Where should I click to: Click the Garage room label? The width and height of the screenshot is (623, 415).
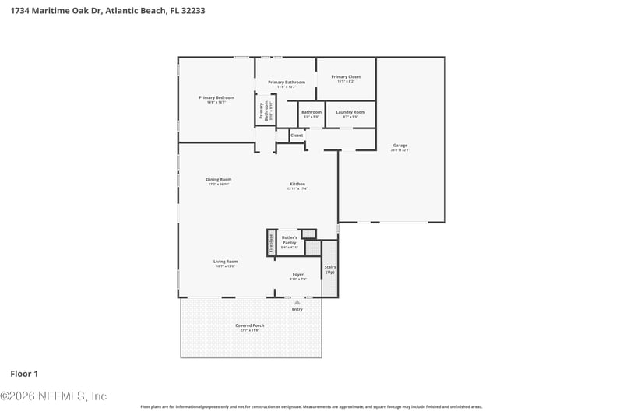pos(399,146)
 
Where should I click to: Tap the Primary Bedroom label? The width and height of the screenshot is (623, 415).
pos(216,99)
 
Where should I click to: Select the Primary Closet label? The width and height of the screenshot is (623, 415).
pos(345,78)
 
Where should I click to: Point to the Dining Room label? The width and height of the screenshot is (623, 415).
pos(218,181)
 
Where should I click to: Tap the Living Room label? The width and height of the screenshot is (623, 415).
pos(225,262)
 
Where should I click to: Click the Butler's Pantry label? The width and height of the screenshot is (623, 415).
pos(289,240)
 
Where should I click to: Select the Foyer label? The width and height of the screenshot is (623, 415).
pos(297,275)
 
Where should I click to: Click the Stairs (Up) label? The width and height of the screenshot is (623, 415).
pos(329,269)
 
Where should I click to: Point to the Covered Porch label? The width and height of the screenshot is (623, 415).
pos(249,327)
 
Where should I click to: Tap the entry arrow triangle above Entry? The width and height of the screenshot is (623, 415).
pos(297,302)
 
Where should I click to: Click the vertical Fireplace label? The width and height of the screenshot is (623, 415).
pos(271,243)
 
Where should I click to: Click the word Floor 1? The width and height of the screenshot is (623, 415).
pos(24,373)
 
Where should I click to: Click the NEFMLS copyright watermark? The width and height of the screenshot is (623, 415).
pos(53,396)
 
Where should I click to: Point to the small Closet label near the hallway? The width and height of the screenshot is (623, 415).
pos(297,135)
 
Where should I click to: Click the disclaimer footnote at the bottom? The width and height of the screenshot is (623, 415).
pos(311,406)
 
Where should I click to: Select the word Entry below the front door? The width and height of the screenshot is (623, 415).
pos(297,309)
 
